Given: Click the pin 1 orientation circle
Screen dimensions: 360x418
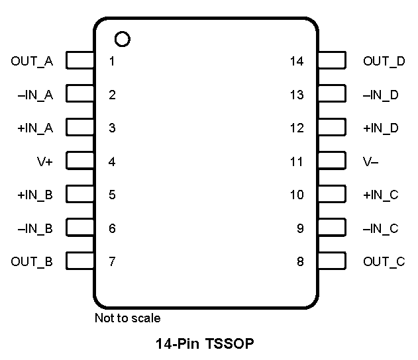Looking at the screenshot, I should pyautogui.click(x=122, y=39).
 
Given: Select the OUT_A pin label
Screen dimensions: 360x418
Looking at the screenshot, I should pyautogui.click(x=32, y=62).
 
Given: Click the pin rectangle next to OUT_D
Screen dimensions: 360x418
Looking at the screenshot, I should pyautogui.click(x=331, y=62).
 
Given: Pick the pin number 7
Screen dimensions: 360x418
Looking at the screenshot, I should pyautogui.click(x=112, y=261).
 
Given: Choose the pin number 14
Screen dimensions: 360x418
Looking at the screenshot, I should pyautogui.click(x=297, y=62).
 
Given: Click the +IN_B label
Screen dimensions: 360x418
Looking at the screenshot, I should pyautogui.click(x=35, y=195).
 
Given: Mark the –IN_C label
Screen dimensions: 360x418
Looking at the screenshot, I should pyautogui.click(x=380, y=228).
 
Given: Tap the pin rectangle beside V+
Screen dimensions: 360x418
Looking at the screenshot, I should pyautogui.click(x=80, y=161).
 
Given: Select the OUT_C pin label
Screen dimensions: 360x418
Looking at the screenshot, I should pyautogui.click(x=384, y=261).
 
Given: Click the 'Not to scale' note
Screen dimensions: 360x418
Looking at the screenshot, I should pyautogui.click(x=127, y=318).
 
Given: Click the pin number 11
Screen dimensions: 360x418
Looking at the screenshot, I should pyautogui.click(x=297, y=161).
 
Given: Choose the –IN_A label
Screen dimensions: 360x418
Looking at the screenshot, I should pyautogui.click(x=35, y=95).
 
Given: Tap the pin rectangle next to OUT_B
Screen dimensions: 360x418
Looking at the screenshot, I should pyautogui.click(x=80, y=261).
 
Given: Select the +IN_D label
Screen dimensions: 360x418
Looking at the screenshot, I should pyautogui.click(x=381, y=128).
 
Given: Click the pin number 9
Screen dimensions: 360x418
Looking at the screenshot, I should pyautogui.click(x=300, y=228).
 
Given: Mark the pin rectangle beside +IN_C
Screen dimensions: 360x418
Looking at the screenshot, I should pyautogui.click(x=331, y=195).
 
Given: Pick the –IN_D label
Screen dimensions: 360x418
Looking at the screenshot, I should pyautogui.click(x=381, y=95).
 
